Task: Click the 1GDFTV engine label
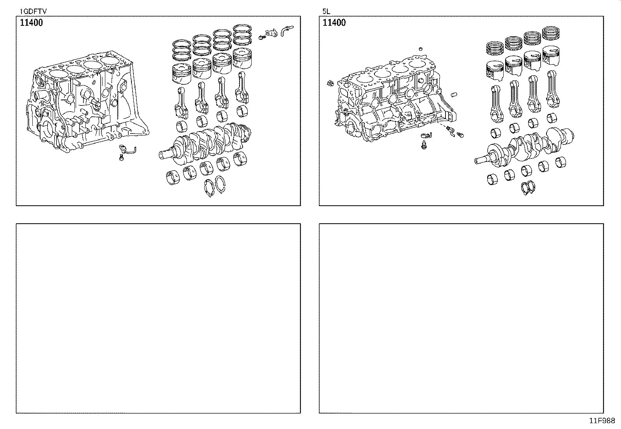33,11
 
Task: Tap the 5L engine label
326,11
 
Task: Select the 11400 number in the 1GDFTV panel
31,23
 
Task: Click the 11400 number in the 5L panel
334,23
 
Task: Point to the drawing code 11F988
602,421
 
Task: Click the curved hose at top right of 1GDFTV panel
286,30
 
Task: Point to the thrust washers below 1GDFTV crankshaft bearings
215,185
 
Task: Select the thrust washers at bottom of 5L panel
528,188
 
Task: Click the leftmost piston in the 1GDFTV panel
182,74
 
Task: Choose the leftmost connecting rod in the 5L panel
496,103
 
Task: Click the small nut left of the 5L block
330,83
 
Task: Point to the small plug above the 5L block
421,49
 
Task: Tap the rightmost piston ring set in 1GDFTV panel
242,34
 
